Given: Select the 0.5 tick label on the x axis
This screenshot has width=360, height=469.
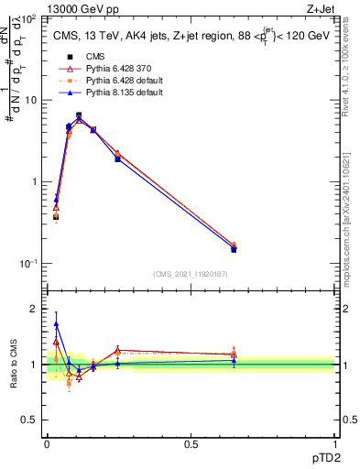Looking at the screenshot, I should click(191, 444).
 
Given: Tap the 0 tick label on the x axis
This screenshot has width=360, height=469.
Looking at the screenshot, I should click(47, 444).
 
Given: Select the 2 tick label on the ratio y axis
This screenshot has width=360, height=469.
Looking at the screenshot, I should click(35, 309).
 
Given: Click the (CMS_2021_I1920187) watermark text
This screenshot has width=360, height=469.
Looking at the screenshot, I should click(191, 274).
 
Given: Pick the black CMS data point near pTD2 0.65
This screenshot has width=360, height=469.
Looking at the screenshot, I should click(234, 248).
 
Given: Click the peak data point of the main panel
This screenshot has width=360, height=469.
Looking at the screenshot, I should click(79, 115).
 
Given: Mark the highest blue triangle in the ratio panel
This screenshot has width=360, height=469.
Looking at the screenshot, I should click(56, 324).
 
